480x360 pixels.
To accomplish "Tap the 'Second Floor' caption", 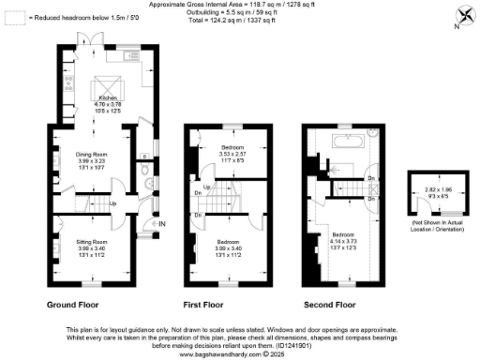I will (331, 305).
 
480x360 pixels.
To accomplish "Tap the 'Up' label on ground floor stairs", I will (113, 203).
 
